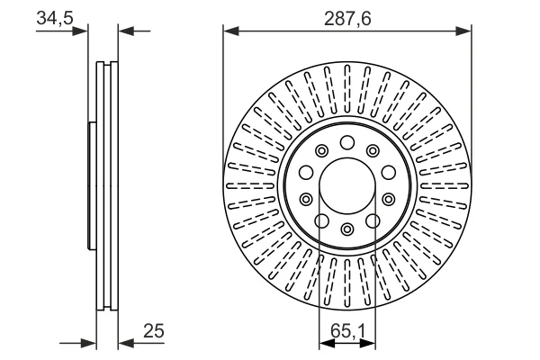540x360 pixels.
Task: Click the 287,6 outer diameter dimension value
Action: pyautogui.click(x=347, y=18)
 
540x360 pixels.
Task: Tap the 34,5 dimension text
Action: pyautogui.click(x=55, y=18)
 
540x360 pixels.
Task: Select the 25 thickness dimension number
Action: pyautogui.click(x=154, y=330)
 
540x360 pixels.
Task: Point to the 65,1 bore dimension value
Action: pyautogui.click(x=347, y=331)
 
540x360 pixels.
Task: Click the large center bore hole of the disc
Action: pyautogui.click(x=347, y=185)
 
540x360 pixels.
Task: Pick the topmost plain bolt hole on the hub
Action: pyautogui.click(x=347, y=142)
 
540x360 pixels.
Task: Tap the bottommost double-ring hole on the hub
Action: pyautogui.click(x=347, y=229)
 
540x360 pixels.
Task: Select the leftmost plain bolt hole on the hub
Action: pyautogui.click(x=306, y=172)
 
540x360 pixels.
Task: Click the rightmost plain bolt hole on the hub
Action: pyautogui.click(x=389, y=172)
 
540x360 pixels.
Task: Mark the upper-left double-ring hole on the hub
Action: pyautogui.click(x=321, y=150)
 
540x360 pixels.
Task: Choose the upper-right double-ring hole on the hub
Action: pyautogui.click(x=373, y=150)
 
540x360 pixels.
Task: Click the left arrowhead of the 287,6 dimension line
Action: pyautogui.click(x=231, y=31)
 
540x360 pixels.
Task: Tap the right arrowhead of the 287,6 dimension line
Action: pyautogui.click(x=463, y=31)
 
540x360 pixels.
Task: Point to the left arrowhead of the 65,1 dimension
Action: pyautogui.click(x=327, y=343)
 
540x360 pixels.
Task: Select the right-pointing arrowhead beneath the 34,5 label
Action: pyautogui.click(x=80, y=31)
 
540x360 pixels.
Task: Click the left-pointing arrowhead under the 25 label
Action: pyautogui.click(x=126, y=343)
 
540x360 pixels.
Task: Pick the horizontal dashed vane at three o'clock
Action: pyautogui.click(x=445, y=185)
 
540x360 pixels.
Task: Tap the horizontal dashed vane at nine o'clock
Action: pyautogui.click(x=250, y=185)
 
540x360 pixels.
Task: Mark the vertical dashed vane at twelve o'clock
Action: pyautogui.click(x=347, y=90)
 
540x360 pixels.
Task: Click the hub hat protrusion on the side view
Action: pyautogui.click(x=92, y=185)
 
